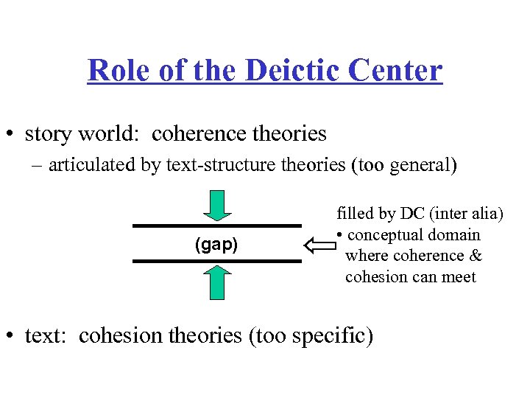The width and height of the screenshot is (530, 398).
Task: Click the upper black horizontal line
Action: pyautogui.click(x=217, y=226)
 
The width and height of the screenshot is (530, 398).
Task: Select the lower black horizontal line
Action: pyautogui.click(x=217, y=261)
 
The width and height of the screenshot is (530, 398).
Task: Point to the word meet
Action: pyautogui.click(x=459, y=277)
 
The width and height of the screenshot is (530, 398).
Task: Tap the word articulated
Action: pyautogui.click(x=92, y=164)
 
